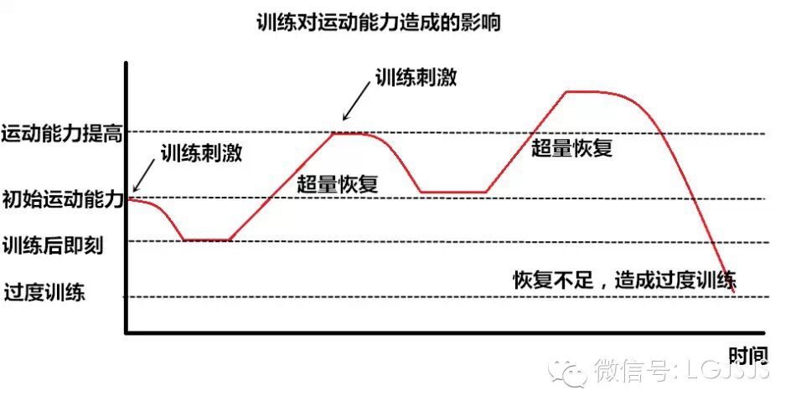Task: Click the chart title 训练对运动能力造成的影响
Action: tap(378, 23)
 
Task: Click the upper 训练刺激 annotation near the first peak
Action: tap(416, 78)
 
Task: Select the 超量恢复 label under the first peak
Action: tap(338, 185)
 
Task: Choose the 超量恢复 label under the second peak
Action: tap(572, 148)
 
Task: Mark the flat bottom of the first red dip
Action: tap(206, 240)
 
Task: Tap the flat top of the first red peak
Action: tap(352, 133)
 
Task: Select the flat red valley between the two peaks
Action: tap(453, 193)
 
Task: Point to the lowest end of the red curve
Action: tap(734, 290)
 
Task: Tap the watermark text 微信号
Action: tap(632, 369)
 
